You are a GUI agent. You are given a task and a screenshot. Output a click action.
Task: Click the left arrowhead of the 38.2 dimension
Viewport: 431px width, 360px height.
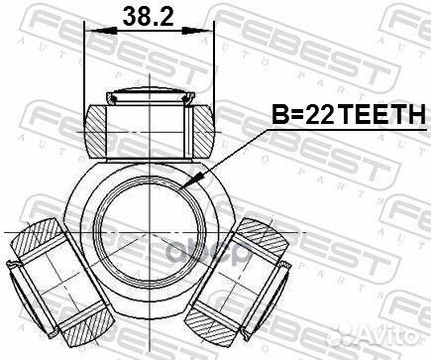coord(93,30)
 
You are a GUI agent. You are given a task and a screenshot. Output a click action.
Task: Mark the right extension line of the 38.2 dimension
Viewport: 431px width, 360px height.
coord(215,60)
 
